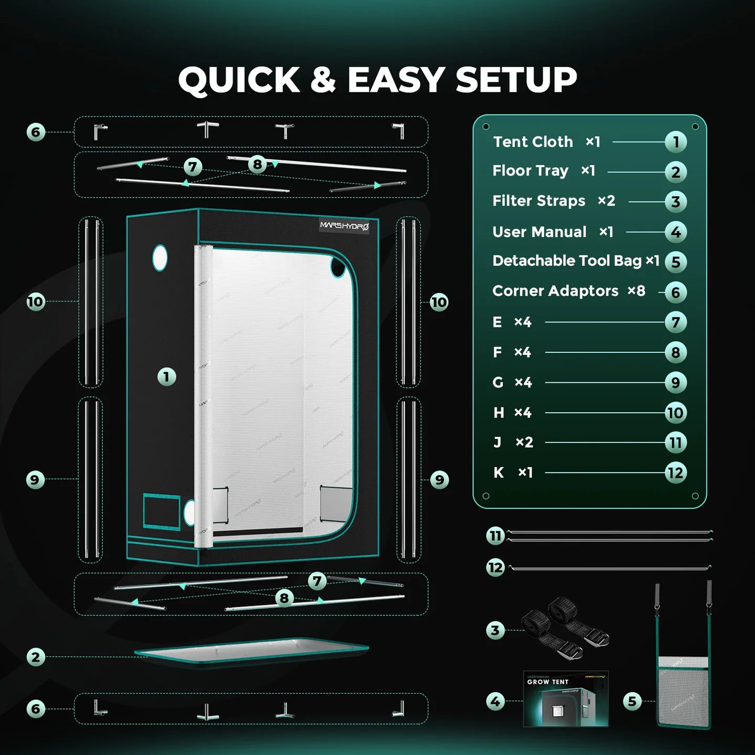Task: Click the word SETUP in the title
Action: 516,80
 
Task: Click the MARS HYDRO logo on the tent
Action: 344,226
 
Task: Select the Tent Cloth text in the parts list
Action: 533,142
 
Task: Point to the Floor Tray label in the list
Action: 530,171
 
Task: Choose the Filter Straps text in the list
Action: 538,201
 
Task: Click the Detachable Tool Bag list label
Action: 567,261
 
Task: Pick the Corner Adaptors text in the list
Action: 555,291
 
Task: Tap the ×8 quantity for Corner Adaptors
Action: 637,291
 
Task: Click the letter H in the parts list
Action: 499,413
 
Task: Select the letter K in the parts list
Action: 499,473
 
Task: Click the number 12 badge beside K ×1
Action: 675,473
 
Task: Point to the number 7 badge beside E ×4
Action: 675,322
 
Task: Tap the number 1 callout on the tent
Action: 167,376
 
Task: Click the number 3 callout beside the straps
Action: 495,630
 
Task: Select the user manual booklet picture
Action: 566,698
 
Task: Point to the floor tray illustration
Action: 252,651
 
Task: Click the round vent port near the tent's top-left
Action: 159,257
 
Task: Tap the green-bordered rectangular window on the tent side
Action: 161,511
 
